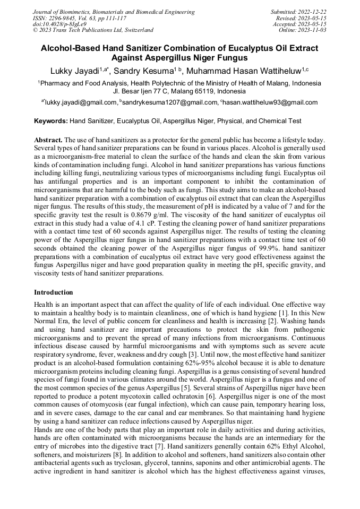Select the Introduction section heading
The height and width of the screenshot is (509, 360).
(x=54, y=292)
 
